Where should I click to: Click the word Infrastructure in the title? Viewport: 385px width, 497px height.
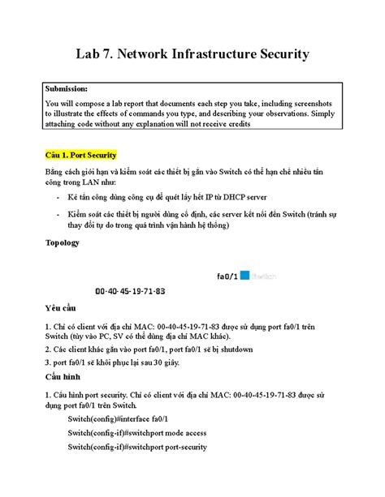pyautogui.click(x=202, y=54)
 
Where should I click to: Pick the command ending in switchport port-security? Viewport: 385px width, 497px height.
pyautogui.click(x=137, y=447)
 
